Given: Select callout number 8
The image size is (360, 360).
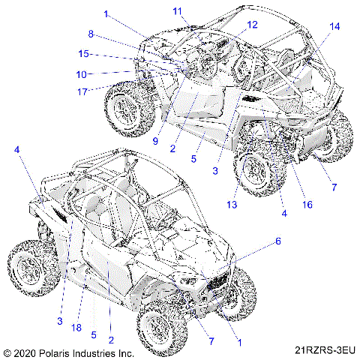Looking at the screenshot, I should (91, 34).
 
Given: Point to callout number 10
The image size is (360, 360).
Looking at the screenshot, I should (82, 73).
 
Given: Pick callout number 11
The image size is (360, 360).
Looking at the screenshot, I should (177, 10).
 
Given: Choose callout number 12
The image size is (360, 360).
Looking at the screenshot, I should (251, 25).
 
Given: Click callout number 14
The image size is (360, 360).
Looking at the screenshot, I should (334, 26).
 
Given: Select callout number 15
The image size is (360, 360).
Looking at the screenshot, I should (85, 54).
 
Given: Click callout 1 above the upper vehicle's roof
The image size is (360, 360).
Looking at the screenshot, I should (106, 13).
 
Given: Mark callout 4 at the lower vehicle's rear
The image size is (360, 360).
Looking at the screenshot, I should (16, 150).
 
